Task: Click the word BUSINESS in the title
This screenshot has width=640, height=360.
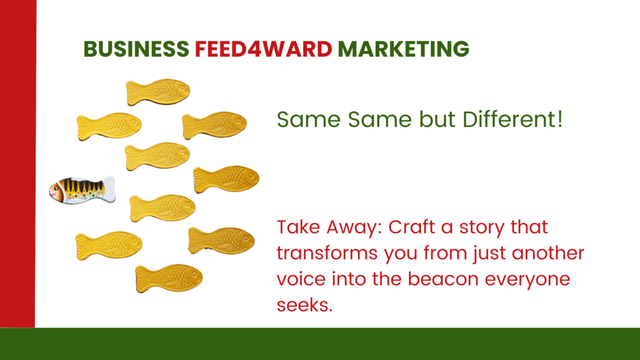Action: click(x=136, y=49)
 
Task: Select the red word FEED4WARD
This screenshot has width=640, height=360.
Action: click(x=263, y=49)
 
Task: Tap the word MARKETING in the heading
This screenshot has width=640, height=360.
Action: click(x=403, y=49)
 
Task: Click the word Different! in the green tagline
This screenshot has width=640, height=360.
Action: click(x=512, y=119)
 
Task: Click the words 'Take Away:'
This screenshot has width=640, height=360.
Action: click(x=329, y=227)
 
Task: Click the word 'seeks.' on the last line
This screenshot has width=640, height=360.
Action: click(x=304, y=305)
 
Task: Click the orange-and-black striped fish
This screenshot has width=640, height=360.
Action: click(x=82, y=190)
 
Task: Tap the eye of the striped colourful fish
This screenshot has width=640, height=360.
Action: click(x=55, y=188)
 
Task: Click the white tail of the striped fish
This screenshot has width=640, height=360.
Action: click(x=109, y=189)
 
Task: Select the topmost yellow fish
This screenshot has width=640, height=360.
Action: click(x=158, y=92)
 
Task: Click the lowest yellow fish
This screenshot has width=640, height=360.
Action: click(x=169, y=278)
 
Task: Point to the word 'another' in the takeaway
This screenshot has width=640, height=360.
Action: click(x=547, y=253)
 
